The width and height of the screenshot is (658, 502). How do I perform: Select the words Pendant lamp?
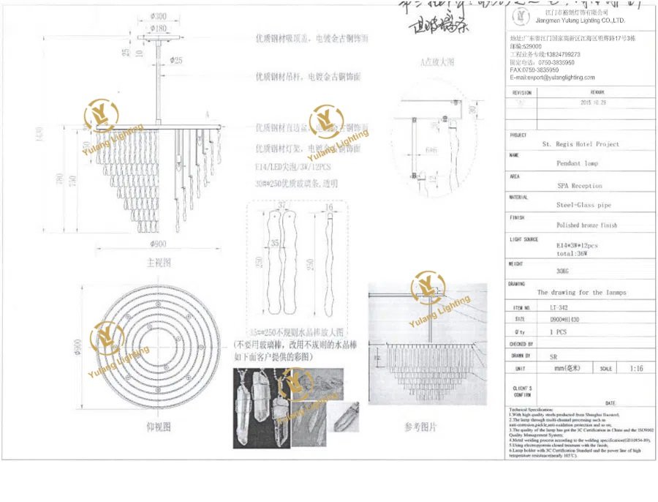pyautogui.click(x=577, y=164)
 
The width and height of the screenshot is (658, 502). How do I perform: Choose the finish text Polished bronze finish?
pyautogui.click(x=586, y=225)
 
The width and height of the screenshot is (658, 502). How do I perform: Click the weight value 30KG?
pyautogui.click(x=564, y=271)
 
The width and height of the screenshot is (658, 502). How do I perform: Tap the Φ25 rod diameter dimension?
pyautogui.click(x=175, y=60)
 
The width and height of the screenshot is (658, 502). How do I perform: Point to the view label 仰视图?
pyautogui.click(x=159, y=426)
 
